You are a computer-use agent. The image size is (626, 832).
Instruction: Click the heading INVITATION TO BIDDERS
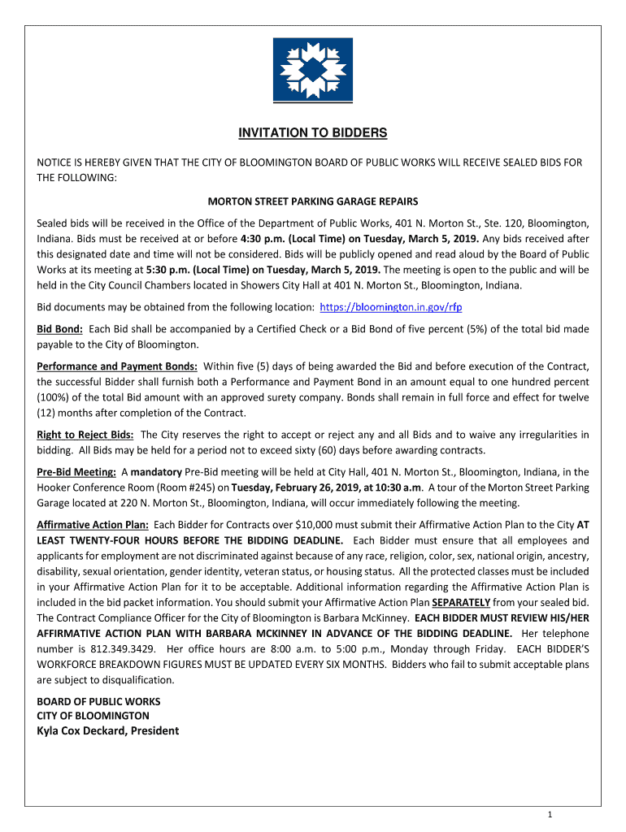point(312,132)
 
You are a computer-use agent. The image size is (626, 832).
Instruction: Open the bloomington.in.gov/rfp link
point(392,308)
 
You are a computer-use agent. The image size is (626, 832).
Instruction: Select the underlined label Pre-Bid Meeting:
point(76,471)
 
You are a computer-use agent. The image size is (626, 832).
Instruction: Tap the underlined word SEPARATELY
point(461,602)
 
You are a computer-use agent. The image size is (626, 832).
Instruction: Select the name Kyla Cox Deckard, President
point(107,730)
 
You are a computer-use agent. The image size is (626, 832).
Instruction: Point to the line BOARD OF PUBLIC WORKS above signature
point(98,701)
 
